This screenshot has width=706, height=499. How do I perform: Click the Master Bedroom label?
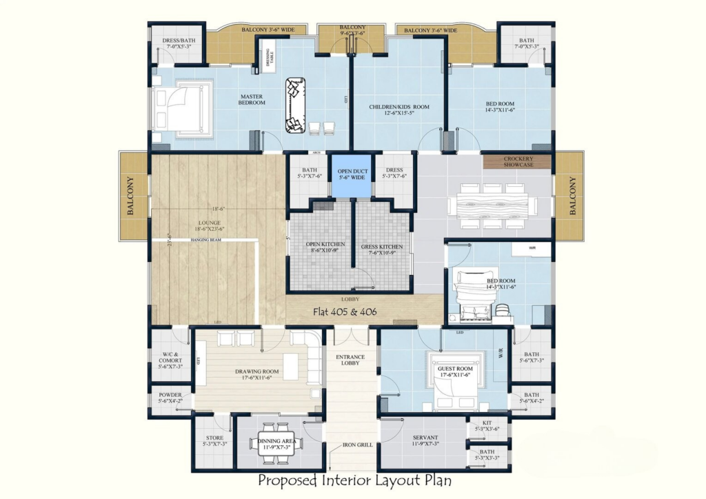pyautogui.click(x=252, y=99)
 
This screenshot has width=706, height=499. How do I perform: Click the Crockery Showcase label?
pyautogui.click(x=517, y=162)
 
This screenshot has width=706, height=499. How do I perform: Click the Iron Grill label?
pyautogui.click(x=358, y=445)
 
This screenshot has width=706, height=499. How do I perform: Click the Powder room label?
pyautogui.click(x=170, y=398)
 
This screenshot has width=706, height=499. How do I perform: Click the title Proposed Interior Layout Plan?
pyautogui.click(x=354, y=480)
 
